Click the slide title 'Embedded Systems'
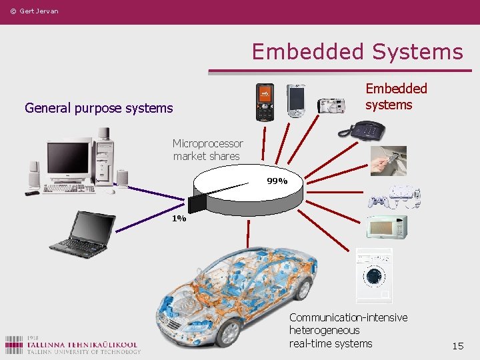(x=357, y=51)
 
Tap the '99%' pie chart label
(x=277, y=181)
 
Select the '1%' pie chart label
(x=179, y=218)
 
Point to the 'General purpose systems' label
(x=99, y=108)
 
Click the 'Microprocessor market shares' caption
(x=207, y=150)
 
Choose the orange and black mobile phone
(x=265, y=102)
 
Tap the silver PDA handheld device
(x=295, y=100)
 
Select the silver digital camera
(x=331, y=105)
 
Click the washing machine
(x=373, y=274)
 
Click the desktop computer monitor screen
(x=68, y=157)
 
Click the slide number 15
(x=457, y=346)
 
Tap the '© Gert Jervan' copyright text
(x=34, y=11)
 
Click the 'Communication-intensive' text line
(x=348, y=317)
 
